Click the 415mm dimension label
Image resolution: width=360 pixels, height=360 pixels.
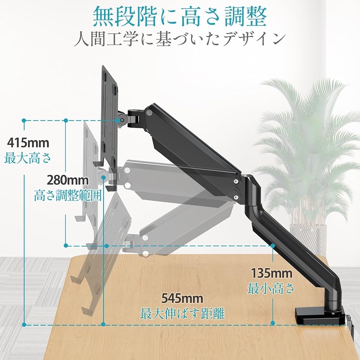point(28,142)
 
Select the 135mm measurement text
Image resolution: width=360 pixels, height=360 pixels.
point(272,273)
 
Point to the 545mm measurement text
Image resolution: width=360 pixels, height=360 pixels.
point(182,298)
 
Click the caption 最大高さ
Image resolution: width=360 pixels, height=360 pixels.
point(28,158)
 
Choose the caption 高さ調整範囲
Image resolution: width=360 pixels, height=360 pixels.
point(68,196)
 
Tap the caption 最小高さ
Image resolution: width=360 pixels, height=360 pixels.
point(271,288)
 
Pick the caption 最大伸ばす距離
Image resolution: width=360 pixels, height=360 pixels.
point(183,314)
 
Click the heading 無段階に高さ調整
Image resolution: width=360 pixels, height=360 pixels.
point(180,16)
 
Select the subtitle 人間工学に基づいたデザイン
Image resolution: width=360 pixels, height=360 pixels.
point(180,39)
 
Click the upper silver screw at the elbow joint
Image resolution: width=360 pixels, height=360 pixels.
point(236,182)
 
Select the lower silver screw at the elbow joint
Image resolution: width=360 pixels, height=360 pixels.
point(236,197)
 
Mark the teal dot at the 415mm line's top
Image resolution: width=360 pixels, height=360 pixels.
point(24,120)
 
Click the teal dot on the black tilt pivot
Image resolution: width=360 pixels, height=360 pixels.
point(121,120)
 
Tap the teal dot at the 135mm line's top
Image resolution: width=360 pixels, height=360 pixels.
point(273,245)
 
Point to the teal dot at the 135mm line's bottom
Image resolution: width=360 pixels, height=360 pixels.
point(273,323)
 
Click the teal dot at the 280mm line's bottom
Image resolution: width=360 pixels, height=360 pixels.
point(66,245)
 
